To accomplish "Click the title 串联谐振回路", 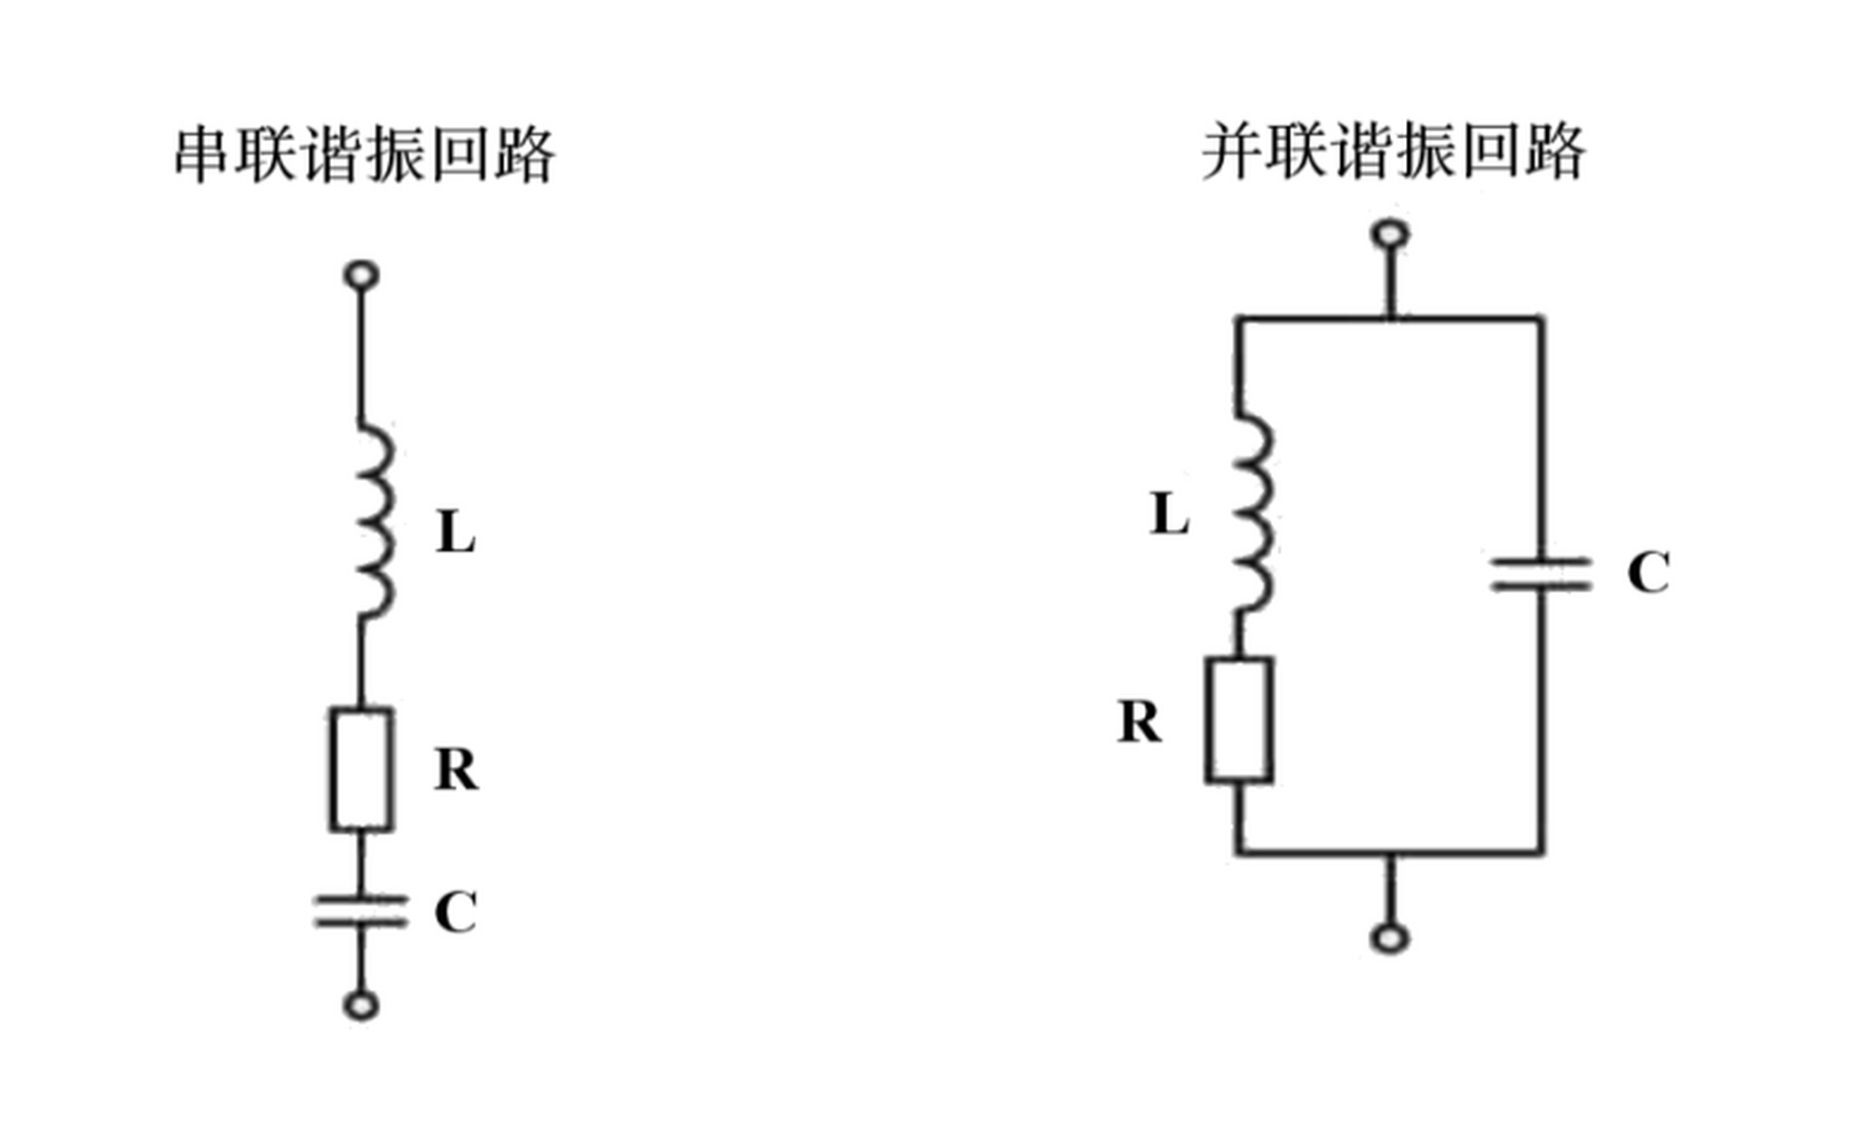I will (x=365, y=154).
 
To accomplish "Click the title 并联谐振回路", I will (x=1393, y=153).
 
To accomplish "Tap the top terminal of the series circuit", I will (x=361, y=275).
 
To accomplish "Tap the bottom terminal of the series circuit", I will (x=361, y=1006).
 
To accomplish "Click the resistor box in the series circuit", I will (x=362, y=769).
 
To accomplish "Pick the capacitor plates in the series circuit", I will (x=361, y=911).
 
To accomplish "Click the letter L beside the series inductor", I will (x=455, y=533).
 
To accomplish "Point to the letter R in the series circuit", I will (x=456, y=769).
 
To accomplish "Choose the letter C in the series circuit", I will (x=456, y=911).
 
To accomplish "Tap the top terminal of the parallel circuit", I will (x=1390, y=235).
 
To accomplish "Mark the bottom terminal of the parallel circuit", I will (x=1390, y=938).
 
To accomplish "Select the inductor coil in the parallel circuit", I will (x=1252, y=514).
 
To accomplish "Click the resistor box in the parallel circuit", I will (x=1239, y=720).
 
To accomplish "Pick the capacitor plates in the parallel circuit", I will (x=1542, y=574).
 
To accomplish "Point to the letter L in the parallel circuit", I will (x=1169, y=514).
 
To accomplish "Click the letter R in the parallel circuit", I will (x=1140, y=722).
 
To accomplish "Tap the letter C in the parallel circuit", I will (x=1648, y=572).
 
